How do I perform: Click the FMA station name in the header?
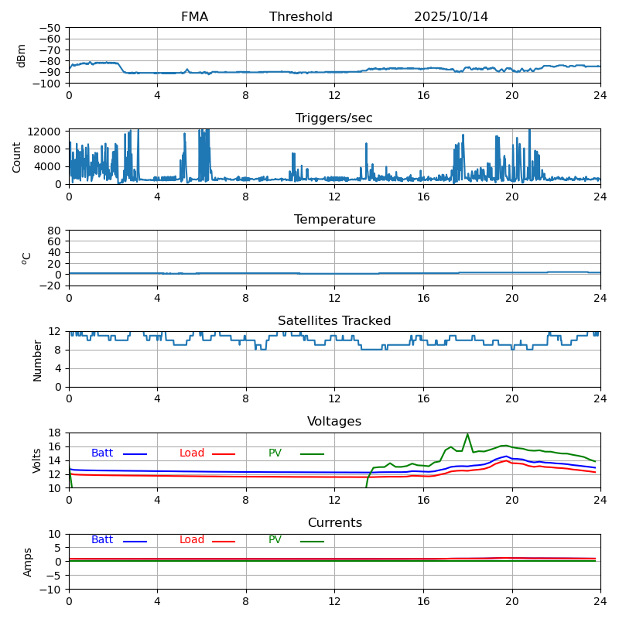pos(194,17)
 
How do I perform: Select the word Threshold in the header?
pos(301,17)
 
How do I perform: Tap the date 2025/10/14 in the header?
pos(451,17)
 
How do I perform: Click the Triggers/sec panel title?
pos(334,118)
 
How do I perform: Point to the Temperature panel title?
pos(334,220)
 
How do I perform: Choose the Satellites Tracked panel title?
pos(334,321)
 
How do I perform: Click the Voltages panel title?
pos(334,422)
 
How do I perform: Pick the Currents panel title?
pos(334,523)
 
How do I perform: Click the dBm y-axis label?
pos(21,56)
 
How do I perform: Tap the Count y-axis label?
pos(17,156)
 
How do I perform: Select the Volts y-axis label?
pos(37,460)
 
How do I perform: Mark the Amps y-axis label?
pos(28,562)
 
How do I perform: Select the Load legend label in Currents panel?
pos(192,540)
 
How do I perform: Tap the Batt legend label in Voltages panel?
pos(102,453)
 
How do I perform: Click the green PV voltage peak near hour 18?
pos(467,434)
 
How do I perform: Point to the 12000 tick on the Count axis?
pos(46,132)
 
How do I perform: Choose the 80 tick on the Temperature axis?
pos(55,231)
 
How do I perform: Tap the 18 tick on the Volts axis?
pos(55,433)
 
